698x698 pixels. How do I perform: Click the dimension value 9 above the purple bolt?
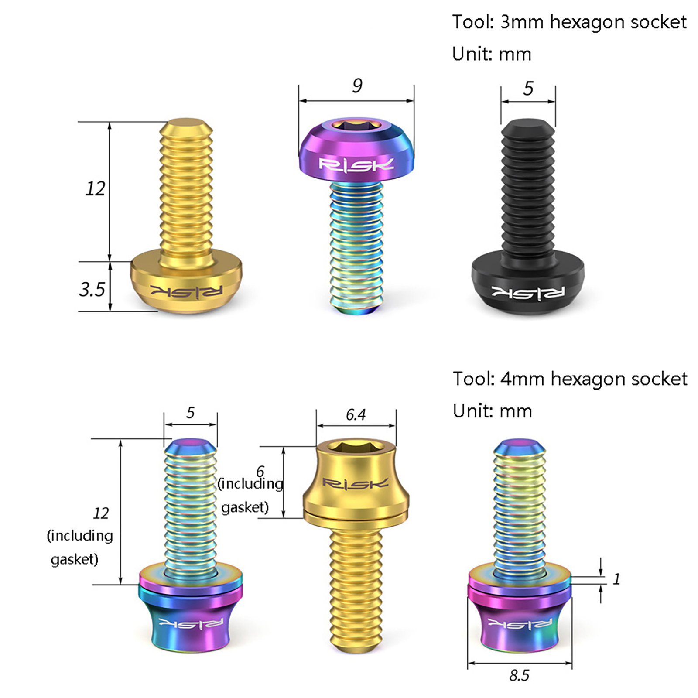click(x=357, y=86)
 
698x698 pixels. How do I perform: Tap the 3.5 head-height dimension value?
click(x=92, y=289)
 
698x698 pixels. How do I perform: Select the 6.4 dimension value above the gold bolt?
click(x=356, y=414)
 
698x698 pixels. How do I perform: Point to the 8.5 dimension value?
click(x=519, y=675)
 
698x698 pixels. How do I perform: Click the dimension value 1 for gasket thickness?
click(x=616, y=579)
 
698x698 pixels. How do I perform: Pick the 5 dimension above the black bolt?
click(x=528, y=89)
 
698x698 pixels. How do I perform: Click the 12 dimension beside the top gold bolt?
click(x=95, y=188)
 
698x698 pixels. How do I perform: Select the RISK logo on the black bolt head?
click(x=528, y=292)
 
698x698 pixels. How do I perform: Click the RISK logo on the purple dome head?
click(x=356, y=165)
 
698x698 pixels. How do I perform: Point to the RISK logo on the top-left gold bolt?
click(x=187, y=291)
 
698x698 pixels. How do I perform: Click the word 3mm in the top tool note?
click(x=522, y=22)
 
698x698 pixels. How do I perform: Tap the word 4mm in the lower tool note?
click(x=522, y=379)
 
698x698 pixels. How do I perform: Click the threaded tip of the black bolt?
click(x=528, y=124)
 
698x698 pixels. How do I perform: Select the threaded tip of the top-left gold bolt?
click(x=186, y=123)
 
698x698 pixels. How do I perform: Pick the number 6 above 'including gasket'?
click(x=260, y=471)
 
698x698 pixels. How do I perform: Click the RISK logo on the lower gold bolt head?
click(x=356, y=483)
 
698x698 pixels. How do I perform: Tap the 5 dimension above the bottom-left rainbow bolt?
click(x=190, y=413)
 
